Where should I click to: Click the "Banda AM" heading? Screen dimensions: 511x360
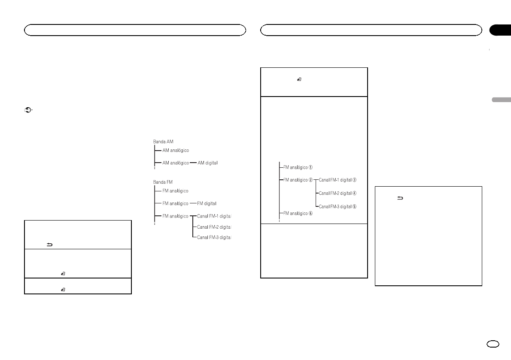[x=164, y=141]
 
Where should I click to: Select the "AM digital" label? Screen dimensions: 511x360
[x=207, y=163]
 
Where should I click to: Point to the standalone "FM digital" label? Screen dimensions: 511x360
[x=207, y=203]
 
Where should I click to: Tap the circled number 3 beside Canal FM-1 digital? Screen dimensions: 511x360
[x=354, y=180]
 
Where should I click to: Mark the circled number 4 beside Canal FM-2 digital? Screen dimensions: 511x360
[x=354, y=193]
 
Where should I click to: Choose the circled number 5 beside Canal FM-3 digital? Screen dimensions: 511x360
[x=354, y=206]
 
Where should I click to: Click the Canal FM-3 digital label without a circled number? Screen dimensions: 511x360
[x=213, y=237]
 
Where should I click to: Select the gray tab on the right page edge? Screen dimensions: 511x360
[x=500, y=100]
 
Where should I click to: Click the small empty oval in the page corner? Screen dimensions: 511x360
[x=493, y=344]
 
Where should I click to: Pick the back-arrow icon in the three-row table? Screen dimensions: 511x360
[x=49, y=245]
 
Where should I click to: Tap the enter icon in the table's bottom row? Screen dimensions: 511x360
[x=63, y=290]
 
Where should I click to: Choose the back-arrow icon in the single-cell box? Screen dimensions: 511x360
[x=400, y=199]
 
